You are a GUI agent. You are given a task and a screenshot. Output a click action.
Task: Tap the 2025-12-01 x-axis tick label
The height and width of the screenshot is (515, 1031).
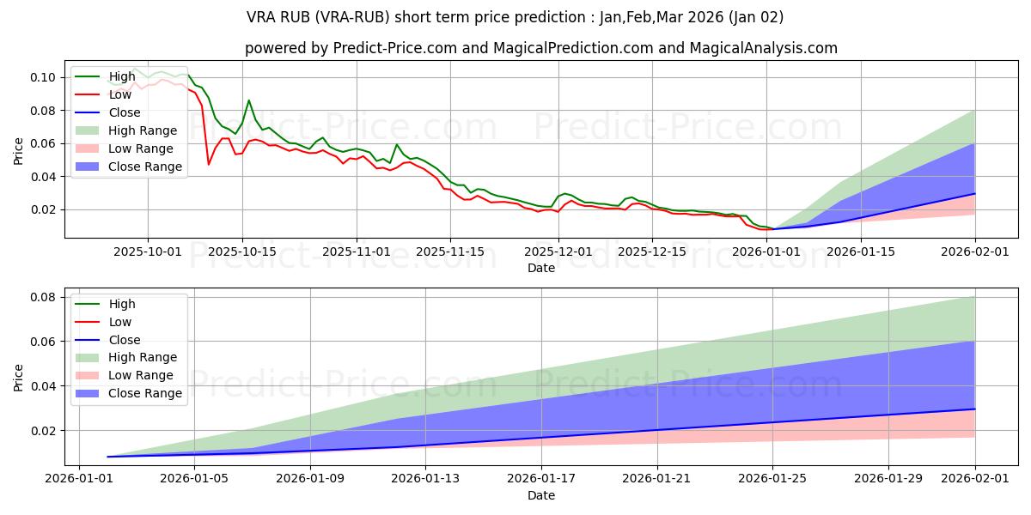[558, 251]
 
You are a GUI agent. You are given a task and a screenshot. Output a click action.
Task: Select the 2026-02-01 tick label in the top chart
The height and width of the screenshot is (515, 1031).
[974, 251]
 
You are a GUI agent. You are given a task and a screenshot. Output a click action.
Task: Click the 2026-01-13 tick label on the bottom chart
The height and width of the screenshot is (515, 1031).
[425, 479]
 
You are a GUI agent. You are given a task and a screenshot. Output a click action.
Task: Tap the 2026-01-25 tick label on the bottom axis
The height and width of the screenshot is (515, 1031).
[772, 479]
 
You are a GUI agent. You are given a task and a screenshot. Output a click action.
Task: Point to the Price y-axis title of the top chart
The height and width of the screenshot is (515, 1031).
[19, 150]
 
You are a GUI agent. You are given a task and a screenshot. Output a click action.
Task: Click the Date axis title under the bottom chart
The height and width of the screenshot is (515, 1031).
[541, 495]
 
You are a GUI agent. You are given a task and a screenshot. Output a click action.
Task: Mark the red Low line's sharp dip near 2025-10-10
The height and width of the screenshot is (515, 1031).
[209, 164]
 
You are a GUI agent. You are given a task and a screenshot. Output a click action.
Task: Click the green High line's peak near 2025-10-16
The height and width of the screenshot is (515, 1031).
[249, 100]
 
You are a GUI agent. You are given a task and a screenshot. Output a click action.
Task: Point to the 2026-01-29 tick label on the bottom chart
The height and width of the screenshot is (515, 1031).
[888, 479]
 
